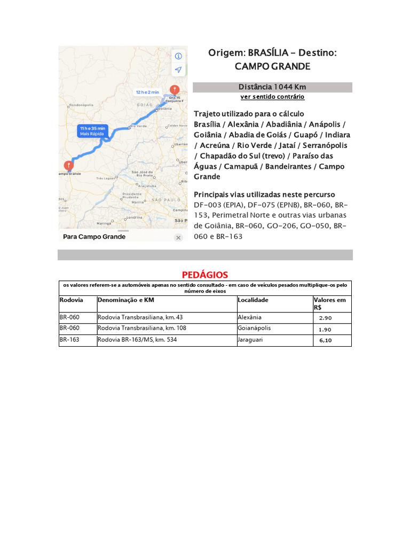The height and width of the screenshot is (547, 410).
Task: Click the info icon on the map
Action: click(x=178, y=56)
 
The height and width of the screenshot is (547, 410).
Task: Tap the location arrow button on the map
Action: click(x=178, y=70)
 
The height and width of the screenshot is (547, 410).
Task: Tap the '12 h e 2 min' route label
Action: click(x=147, y=92)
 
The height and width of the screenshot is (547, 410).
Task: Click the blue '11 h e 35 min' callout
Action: click(x=93, y=131)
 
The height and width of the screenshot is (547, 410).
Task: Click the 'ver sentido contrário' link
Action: click(x=272, y=97)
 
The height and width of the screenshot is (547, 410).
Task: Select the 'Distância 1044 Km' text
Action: click(x=272, y=87)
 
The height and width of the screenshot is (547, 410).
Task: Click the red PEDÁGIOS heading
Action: click(x=204, y=275)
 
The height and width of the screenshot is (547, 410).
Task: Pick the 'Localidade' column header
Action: click(x=253, y=300)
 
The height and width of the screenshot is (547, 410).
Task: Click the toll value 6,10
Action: click(x=325, y=340)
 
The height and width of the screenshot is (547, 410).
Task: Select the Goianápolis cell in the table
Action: click(x=256, y=328)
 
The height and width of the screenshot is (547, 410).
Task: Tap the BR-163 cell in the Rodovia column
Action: click(x=69, y=339)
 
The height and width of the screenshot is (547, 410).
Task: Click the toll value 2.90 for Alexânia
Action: click(x=325, y=318)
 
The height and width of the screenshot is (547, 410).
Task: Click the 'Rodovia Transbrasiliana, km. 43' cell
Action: click(x=140, y=317)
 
